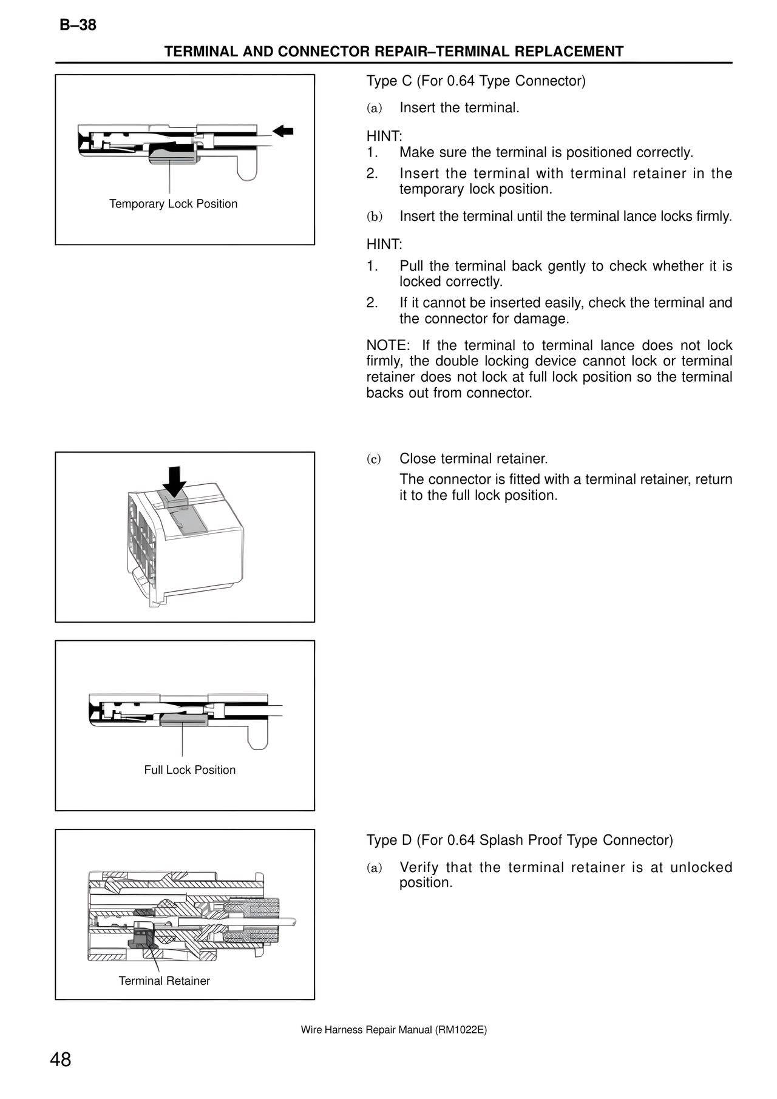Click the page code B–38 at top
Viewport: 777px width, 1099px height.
[x=78, y=25]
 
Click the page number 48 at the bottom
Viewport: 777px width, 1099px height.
[x=61, y=1060]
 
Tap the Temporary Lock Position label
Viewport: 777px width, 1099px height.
[x=173, y=204]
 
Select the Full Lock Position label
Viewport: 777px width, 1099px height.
[x=189, y=770]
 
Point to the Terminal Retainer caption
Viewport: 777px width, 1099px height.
[x=164, y=981]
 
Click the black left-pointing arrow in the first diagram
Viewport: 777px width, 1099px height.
[x=283, y=130]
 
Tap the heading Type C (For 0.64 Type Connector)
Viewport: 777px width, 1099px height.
[x=476, y=81]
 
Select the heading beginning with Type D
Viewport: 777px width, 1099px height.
[x=520, y=840]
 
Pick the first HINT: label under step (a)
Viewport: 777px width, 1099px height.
[x=384, y=136]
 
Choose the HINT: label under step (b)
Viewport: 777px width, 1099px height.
[x=384, y=245]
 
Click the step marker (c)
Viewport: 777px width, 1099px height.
[x=374, y=459]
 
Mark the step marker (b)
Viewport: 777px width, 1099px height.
[x=374, y=217]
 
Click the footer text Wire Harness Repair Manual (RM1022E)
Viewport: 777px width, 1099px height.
[x=393, y=1030]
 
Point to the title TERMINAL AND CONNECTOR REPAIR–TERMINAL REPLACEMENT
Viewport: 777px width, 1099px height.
[x=393, y=52]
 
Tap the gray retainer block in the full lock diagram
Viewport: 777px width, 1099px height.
[x=184, y=719]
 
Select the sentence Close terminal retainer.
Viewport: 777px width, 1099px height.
[x=473, y=459]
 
